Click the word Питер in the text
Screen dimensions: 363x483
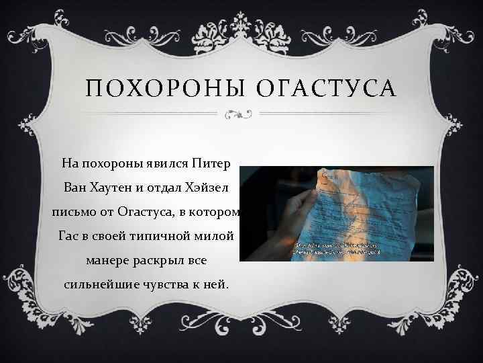[x=211, y=163]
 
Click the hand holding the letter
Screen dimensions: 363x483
[x=274, y=222]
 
